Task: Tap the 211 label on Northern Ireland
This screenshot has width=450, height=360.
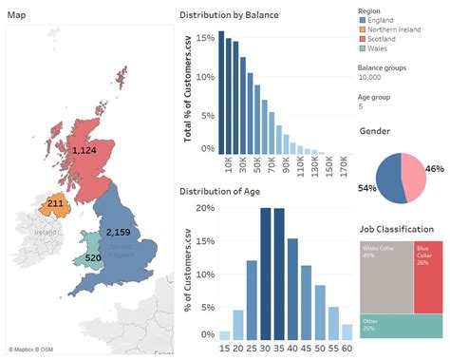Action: tap(55, 202)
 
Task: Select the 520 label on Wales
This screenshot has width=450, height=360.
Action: tap(93, 257)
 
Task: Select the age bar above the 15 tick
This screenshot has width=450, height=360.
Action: tap(224, 334)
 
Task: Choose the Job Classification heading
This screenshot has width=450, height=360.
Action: tap(397, 229)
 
